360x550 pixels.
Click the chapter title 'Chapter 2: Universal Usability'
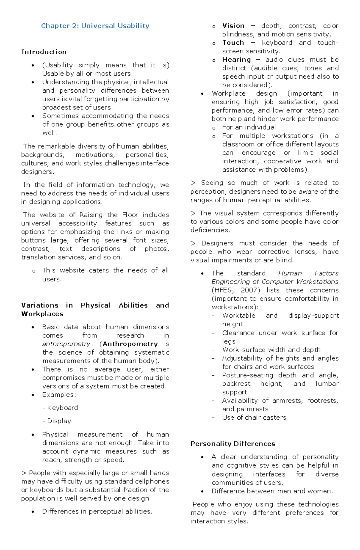coord(95,26)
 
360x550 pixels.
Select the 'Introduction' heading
coord(44,52)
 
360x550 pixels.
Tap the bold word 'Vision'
coord(233,26)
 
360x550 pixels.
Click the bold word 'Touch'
coord(233,43)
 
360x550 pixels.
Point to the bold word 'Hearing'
coord(236,60)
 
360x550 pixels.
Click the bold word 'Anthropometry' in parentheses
coord(130,344)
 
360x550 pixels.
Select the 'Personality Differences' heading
coord(232,444)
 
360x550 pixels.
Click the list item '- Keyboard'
coord(60,408)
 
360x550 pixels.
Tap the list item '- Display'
coord(57,421)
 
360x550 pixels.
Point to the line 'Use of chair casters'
coord(254,418)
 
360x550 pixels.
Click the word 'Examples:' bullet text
coord(59,395)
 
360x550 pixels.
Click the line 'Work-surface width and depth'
coord(271,350)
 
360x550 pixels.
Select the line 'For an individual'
coord(249,127)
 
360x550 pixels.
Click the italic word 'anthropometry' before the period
coord(66,344)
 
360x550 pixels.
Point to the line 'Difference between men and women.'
coord(272,491)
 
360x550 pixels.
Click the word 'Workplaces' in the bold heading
coord(42,314)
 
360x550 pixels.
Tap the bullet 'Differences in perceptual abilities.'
coord(97,511)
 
